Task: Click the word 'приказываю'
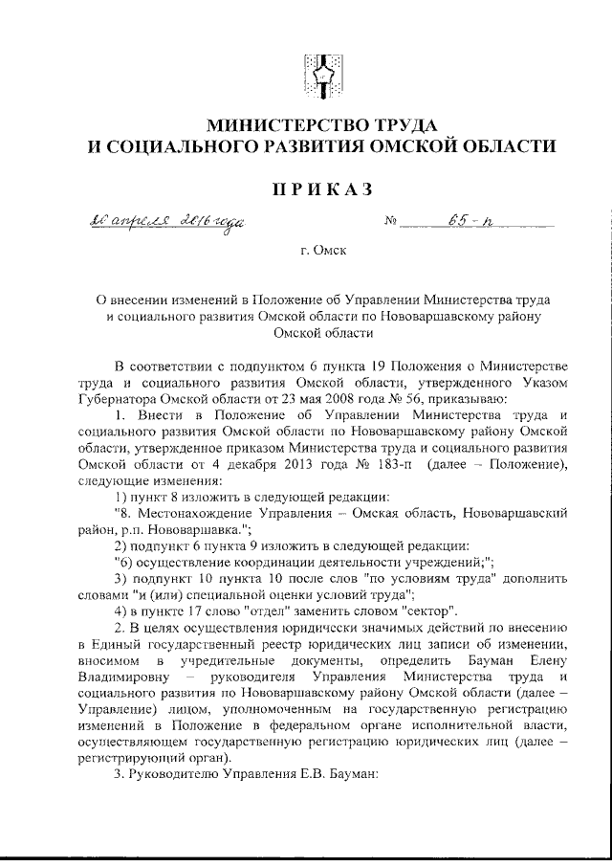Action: (488, 399)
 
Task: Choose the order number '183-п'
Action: (394, 464)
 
